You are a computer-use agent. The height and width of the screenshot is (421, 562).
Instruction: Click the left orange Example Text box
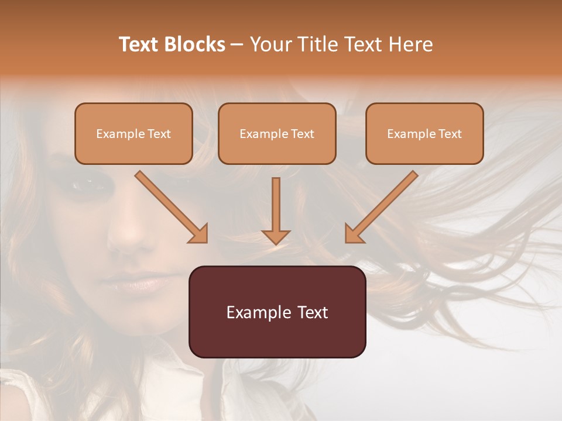pos(133,134)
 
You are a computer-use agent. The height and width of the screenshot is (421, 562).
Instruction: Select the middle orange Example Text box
pos(277,134)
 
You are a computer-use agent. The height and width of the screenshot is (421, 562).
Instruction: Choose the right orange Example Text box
pos(424,134)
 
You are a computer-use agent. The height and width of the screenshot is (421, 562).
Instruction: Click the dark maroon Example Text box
pos(277,312)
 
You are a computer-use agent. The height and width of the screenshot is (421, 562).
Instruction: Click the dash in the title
pos(237,45)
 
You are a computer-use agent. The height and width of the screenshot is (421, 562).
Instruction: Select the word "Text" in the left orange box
pos(159,134)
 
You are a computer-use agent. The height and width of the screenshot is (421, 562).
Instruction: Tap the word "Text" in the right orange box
pos(450,134)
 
